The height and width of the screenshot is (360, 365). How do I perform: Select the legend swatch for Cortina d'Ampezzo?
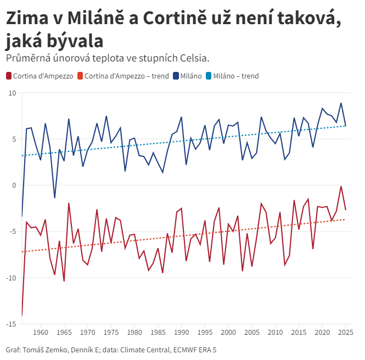coord(9,76)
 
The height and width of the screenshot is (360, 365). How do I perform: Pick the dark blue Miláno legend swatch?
coord(176,76)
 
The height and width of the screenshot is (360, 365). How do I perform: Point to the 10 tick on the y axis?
coord(12,93)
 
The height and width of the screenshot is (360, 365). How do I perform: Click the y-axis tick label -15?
coord(11,324)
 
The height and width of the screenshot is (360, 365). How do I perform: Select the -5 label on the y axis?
coord(12,232)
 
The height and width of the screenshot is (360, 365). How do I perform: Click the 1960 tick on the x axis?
coord(41,333)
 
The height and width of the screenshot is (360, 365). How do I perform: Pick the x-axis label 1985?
coord(158,333)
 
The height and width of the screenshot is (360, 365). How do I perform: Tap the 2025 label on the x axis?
coord(345,333)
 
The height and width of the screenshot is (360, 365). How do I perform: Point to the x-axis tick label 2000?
coord(228,333)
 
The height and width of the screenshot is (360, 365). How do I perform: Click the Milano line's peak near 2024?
coord(341,103)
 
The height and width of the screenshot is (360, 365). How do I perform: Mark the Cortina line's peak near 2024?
coord(341,187)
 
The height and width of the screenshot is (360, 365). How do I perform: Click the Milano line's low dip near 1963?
coord(54,198)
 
